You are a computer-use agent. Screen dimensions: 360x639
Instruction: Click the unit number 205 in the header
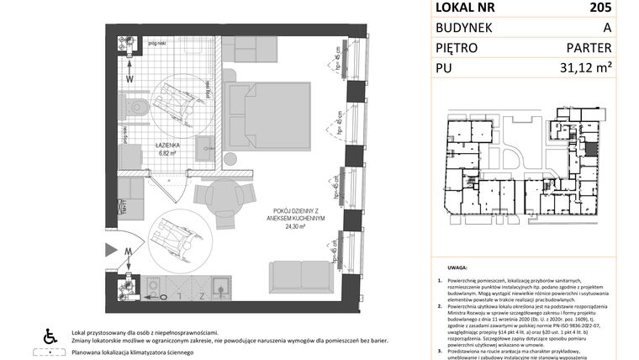[x=601, y=8]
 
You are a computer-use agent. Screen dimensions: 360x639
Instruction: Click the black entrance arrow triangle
[x=112, y=250]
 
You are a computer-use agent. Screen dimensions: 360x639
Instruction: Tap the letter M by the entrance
[x=129, y=251]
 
